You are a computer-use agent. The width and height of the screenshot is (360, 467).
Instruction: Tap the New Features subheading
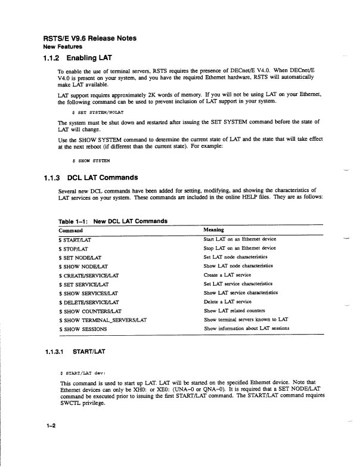[x=63, y=46]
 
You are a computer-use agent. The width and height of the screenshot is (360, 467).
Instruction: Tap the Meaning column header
[x=213, y=230]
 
